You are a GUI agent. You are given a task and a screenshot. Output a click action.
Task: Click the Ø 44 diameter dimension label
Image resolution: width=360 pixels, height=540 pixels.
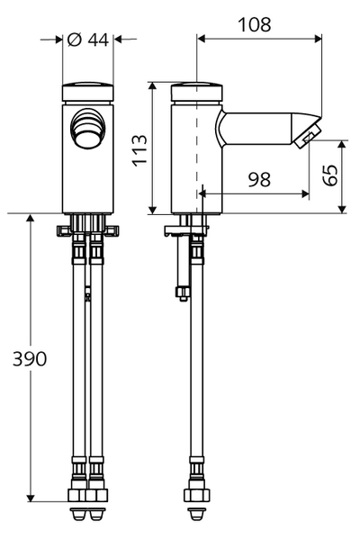coord(88,39)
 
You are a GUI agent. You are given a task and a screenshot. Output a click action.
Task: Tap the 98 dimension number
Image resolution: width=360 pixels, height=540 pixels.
coord(259,180)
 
